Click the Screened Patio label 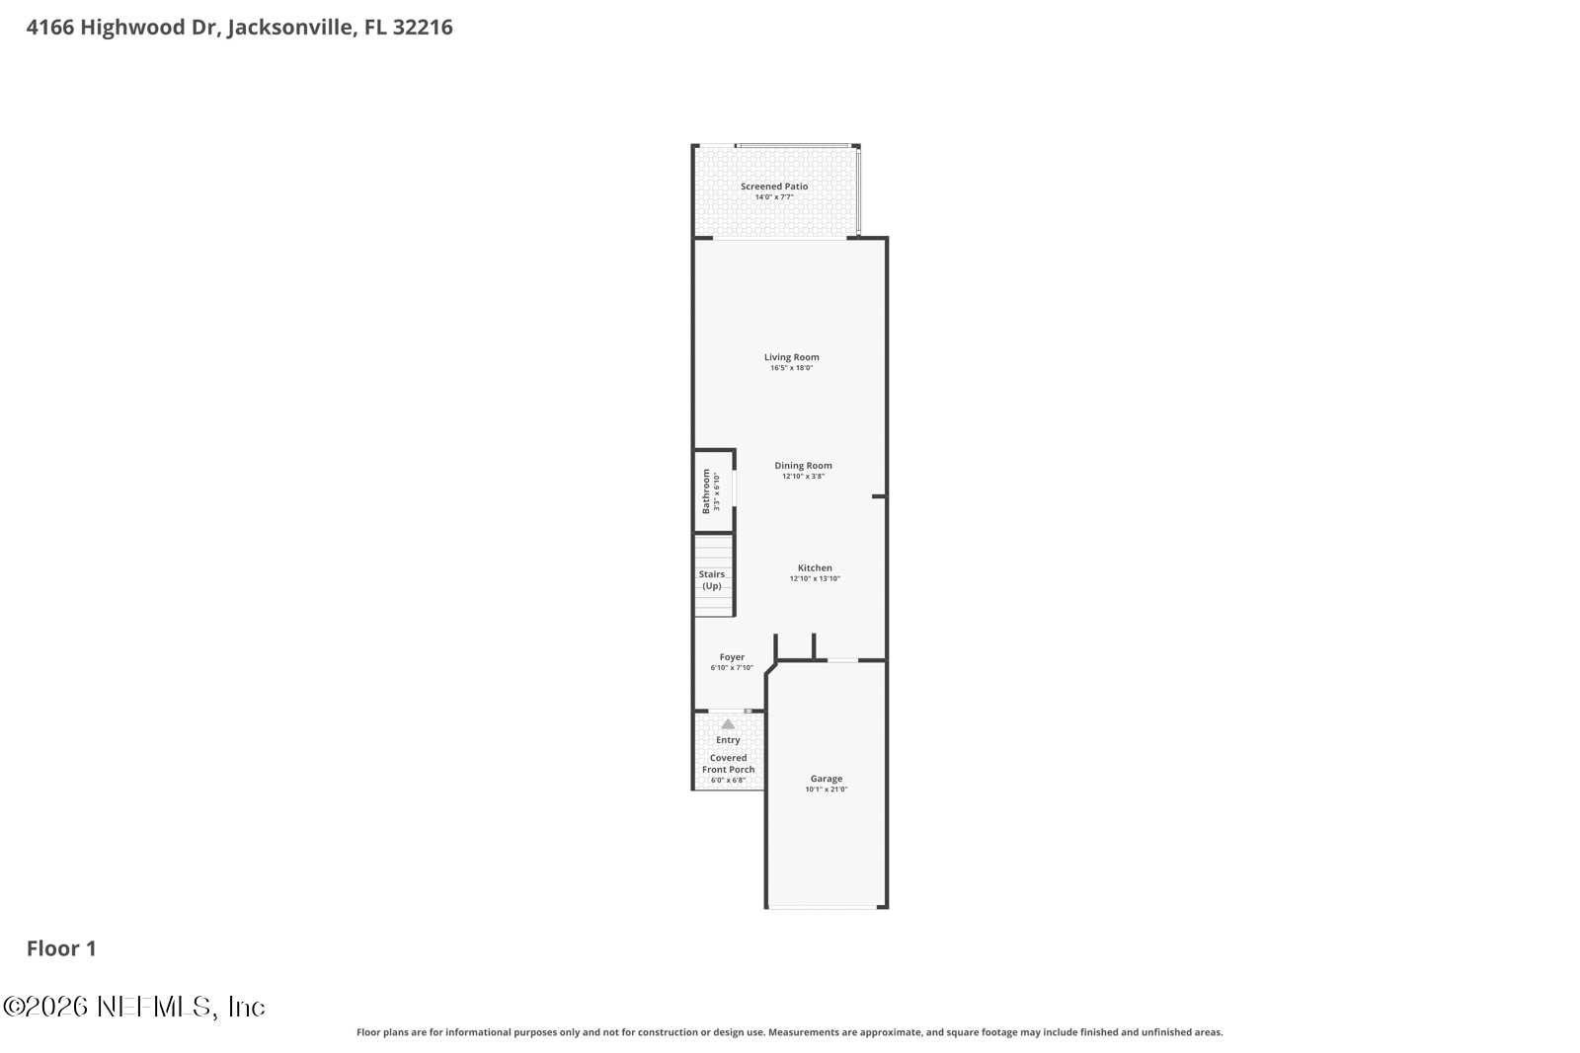point(774,187)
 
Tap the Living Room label point(791,356)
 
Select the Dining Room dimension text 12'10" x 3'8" point(803,477)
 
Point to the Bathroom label point(706,491)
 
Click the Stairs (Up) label point(712,580)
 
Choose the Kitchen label point(815,567)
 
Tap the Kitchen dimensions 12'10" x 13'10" point(815,578)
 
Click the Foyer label point(732,657)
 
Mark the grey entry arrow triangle point(728,723)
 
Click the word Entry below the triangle point(728,740)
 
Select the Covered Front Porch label point(728,763)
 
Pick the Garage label point(826,778)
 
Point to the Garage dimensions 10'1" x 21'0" point(826,790)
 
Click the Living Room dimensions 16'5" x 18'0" point(791,368)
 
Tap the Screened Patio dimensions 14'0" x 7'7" point(774,197)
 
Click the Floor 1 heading point(61,948)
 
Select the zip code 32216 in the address point(423,27)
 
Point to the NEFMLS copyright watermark point(134,1007)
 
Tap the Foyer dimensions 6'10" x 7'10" point(732,668)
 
